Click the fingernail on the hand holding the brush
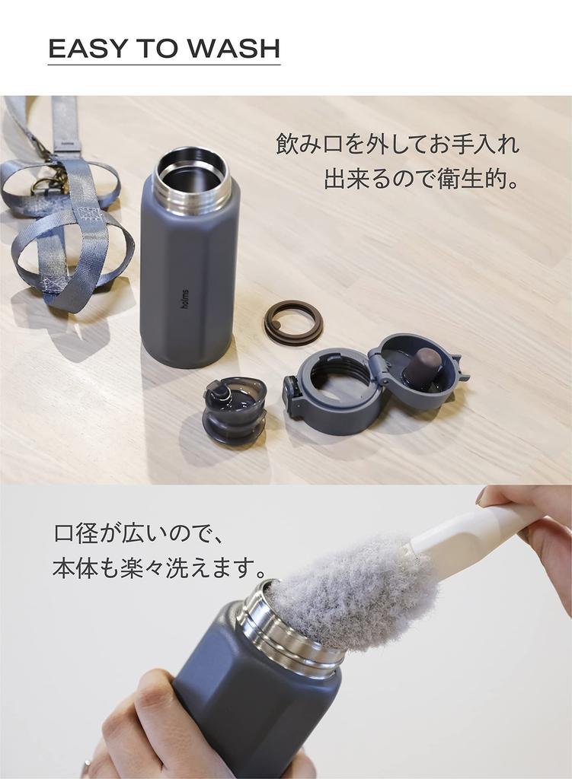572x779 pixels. coord(481,495)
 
